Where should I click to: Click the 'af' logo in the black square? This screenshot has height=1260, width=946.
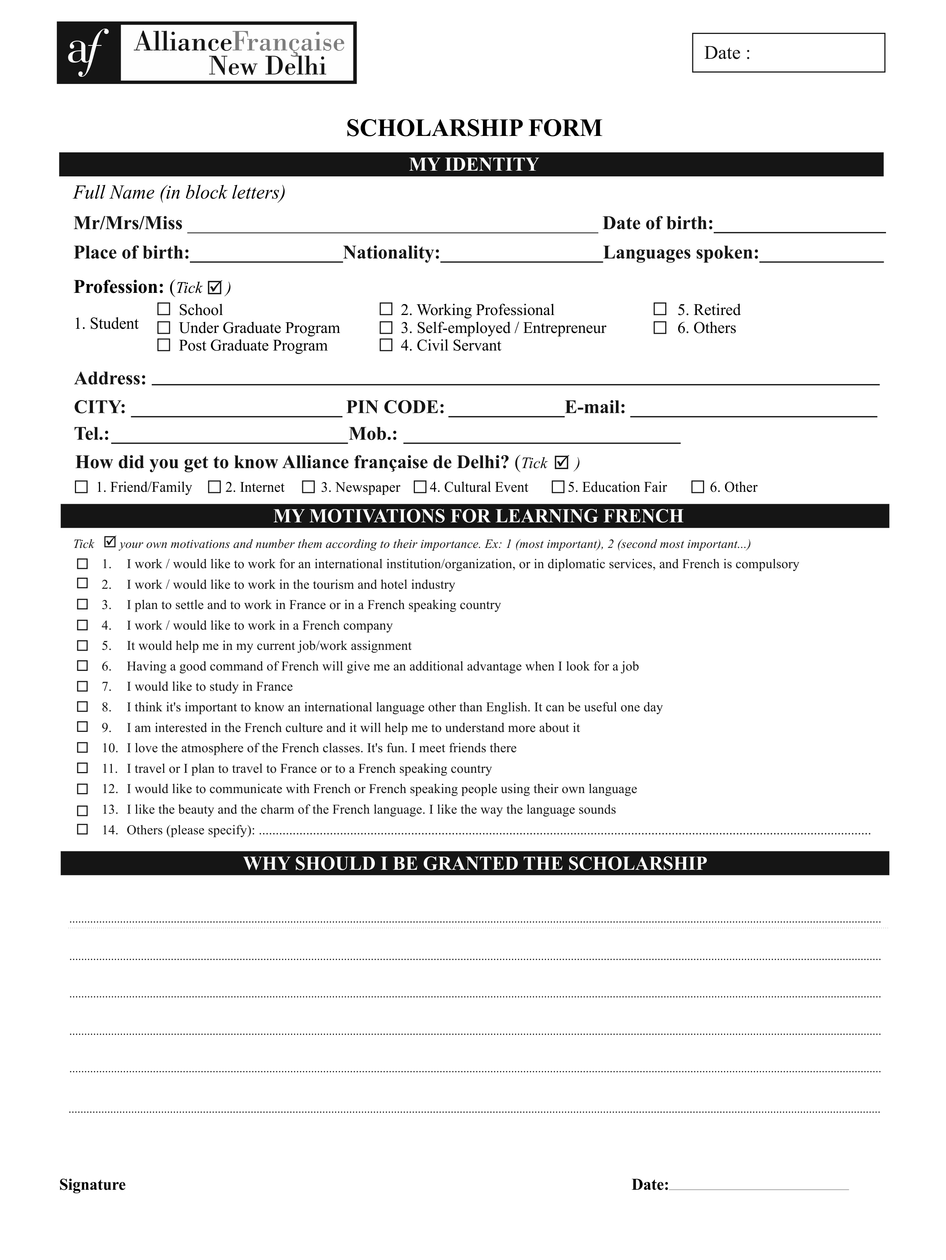[x=88, y=52]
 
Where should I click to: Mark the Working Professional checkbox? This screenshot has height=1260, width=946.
[x=386, y=309]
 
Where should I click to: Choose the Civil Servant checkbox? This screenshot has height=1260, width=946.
[x=386, y=345]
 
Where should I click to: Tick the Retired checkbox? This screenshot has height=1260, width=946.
[x=660, y=309]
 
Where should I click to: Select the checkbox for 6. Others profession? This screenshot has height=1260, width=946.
[x=660, y=328]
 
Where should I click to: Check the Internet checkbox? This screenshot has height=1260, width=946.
[x=214, y=487]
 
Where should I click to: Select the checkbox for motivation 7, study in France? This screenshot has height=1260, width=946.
[x=83, y=687]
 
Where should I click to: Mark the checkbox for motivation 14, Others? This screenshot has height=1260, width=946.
[x=83, y=829]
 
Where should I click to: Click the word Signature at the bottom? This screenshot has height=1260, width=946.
[x=92, y=1185]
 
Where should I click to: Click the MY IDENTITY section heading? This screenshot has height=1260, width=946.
[x=473, y=165]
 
